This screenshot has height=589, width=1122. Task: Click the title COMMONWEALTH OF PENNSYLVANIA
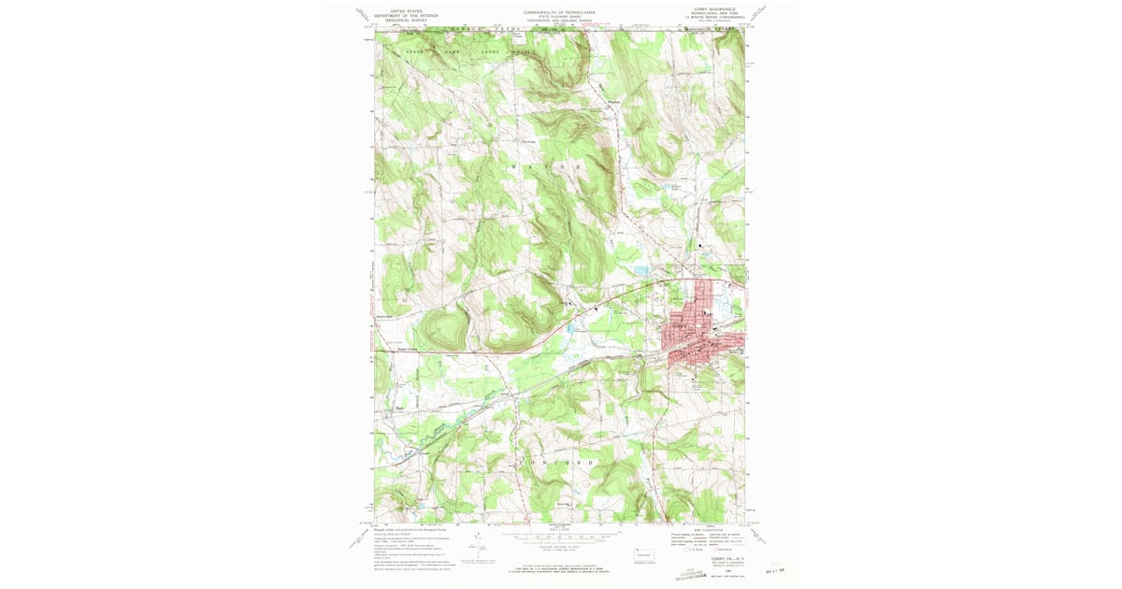[560, 12]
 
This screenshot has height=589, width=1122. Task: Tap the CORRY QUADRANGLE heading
[715, 9]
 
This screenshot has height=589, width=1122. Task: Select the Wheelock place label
[614, 102]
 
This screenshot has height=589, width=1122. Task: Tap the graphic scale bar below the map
[560, 538]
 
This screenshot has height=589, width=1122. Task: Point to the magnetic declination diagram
[505, 540]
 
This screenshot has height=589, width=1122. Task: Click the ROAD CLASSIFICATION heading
[710, 529]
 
